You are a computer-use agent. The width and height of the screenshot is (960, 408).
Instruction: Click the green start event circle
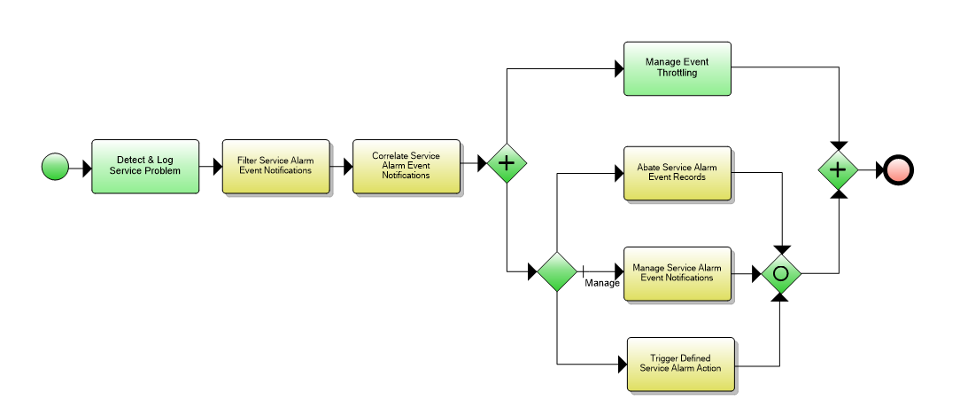click(x=55, y=167)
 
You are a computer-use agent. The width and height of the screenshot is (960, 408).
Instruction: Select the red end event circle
click(x=897, y=169)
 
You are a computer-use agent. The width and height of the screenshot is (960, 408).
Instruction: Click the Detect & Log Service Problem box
click(x=144, y=166)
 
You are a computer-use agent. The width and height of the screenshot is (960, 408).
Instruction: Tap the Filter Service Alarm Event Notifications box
click(x=275, y=165)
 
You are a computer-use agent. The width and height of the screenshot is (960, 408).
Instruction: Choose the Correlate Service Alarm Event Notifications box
click(x=406, y=165)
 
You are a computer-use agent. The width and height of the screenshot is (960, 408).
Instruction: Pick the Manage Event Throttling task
click(x=677, y=67)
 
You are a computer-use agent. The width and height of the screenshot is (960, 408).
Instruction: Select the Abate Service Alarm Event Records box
click(x=677, y=172)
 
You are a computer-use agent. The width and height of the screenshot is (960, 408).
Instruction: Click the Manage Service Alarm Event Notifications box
click(x=677, y=272)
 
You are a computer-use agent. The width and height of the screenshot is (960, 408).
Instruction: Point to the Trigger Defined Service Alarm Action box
click(x=680, y=364)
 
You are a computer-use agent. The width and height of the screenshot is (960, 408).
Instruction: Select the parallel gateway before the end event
click(x=837, y=169)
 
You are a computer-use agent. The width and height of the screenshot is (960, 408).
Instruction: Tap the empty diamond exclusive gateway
click(x=557, y=271)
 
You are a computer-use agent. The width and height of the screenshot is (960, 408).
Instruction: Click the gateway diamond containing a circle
click(x=780, y=273)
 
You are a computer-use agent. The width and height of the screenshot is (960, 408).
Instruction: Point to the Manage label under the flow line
click(x=602, y=284)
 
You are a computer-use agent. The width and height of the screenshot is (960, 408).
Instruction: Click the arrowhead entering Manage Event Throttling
click(x=618, y=69)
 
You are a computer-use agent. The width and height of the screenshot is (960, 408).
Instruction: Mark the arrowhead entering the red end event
click(x=879, y=169)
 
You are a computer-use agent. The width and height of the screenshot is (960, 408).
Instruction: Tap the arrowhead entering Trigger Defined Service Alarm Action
click(x=621, y=365)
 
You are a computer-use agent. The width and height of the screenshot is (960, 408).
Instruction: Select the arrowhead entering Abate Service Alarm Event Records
click(x=618, y=173)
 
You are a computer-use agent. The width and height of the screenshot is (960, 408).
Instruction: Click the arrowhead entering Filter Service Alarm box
click(x=217, y=166)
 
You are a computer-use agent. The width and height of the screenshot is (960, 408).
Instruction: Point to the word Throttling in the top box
click(x=677, y=74)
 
